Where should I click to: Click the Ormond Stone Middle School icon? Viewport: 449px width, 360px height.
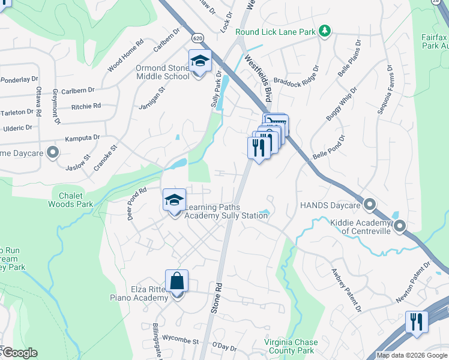point(200,61)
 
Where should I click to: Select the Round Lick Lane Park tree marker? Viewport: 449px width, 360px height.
point(325,31)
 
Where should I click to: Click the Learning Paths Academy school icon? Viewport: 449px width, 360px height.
point(174,200)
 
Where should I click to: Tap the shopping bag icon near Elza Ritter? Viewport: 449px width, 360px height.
point(177,281)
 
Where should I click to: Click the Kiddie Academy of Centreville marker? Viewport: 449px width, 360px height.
point(400,226)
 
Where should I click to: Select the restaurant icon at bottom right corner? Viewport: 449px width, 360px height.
point(416,322)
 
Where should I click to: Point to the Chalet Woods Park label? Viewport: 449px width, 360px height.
point(75,200)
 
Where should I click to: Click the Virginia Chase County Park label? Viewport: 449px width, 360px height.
point(289,346)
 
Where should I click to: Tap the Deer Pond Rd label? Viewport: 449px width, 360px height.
point(137,204)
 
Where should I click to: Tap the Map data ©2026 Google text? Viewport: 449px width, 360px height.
point(411,355)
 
